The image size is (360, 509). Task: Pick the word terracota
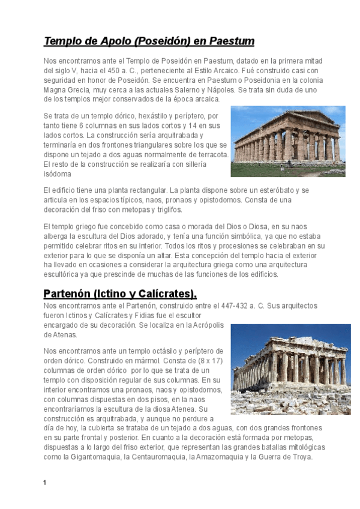(x=209, y=155)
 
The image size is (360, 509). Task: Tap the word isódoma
(x=58, y=174)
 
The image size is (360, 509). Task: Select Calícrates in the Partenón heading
(x=165, y=294)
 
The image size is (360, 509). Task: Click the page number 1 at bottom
(x=45, y=483)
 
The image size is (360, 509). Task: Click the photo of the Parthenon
(x=290, y=369)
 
